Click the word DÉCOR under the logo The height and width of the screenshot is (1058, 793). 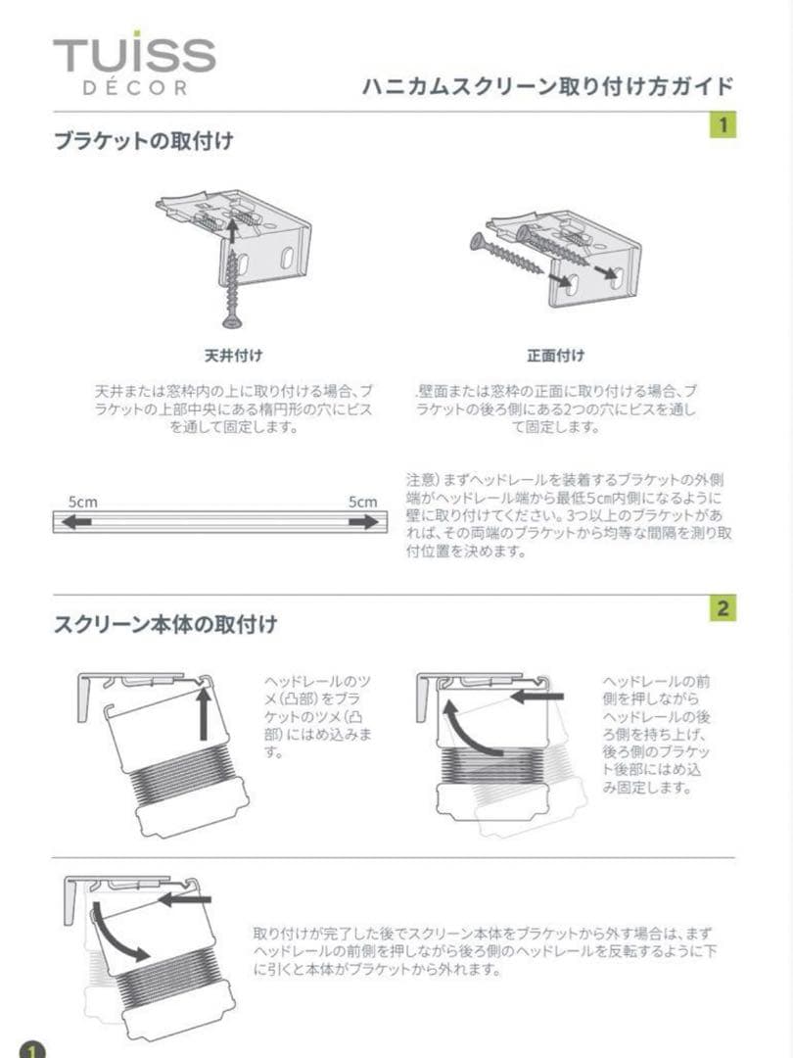pyautogui.click(x=134, y=88)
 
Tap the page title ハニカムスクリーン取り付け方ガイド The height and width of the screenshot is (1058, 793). pyautogui.click(x=547, y=87)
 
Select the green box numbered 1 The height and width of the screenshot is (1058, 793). pyautogui.click(x=723, y=125)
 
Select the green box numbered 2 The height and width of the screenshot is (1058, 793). pyautogui.click(x=723, y=608)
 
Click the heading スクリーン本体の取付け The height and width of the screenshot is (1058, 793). pyautogui.click(x=164, y=623)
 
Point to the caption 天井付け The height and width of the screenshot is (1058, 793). pyautogui.click(x=232, y=355)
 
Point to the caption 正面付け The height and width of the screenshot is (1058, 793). pyautogui.click(x=554, y=355)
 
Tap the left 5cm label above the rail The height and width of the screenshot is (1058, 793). pyautogui.click(x=82, y=502)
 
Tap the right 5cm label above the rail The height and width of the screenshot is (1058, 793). pyautogui.click(x=362, y=502)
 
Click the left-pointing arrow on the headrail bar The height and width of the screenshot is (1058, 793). pyautogui.click(x=78, y=522)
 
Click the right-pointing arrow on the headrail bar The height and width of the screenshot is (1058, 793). pyautogui.click(x=363, y=522)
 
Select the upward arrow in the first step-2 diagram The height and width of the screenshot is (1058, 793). pyautogui.click(x=204, y=715)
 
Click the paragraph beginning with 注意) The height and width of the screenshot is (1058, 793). pyautogui.click(x=569, y=515)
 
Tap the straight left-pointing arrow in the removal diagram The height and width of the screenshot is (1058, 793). pyautogui.click(x=185, y=898)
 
